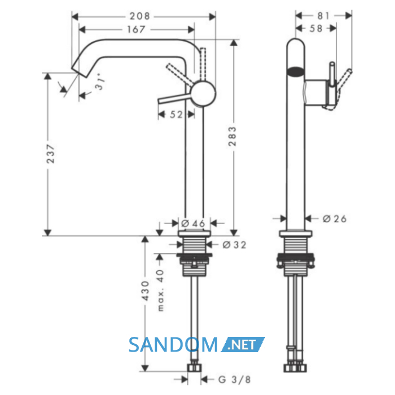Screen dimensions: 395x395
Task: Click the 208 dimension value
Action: pyautogui.click(x=139, y=16)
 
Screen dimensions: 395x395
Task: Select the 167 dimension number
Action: pyautogui.click(x=136, y=29)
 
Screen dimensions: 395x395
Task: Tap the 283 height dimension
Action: pyautogui.click(x=232, y=137)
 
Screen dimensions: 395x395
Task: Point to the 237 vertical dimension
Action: pyautogui.click(x=51, y=153)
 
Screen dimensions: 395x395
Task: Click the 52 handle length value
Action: pyautogui.click(x=176, y=115)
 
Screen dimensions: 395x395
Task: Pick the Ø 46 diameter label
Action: pyautogui.click(x=194, y=223)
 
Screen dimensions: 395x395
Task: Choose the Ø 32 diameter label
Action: pyautogui.click(x=234, y=244)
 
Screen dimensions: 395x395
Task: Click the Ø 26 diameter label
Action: pyautogui.click(x=335, y=219)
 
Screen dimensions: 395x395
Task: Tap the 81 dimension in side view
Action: pyautogui.click(x=323, y=16)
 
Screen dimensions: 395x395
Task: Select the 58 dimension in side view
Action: pyautogui.click(x=316, y=28)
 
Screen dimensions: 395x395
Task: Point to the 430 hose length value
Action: pyautogui.click(x=146, y=291)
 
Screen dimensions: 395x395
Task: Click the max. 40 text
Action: pyautogui.click(x=160, y=291)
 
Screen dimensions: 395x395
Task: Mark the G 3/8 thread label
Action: pyautogui.click(x=235, y=379)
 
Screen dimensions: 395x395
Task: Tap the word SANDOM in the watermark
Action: pyautogui.click(x=173, y=345)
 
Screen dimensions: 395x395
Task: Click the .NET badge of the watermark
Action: pyautogui.click(x=243, y=344)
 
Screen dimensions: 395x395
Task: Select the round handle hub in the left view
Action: pyautogui.click(x=203, y=93)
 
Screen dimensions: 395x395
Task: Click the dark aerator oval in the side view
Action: pyautogui.click(x=295, y=71)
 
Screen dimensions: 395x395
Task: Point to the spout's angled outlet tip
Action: pyautogui.click(x=79, y=72)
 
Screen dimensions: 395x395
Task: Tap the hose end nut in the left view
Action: pyautogui.click(x=195, y=368)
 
